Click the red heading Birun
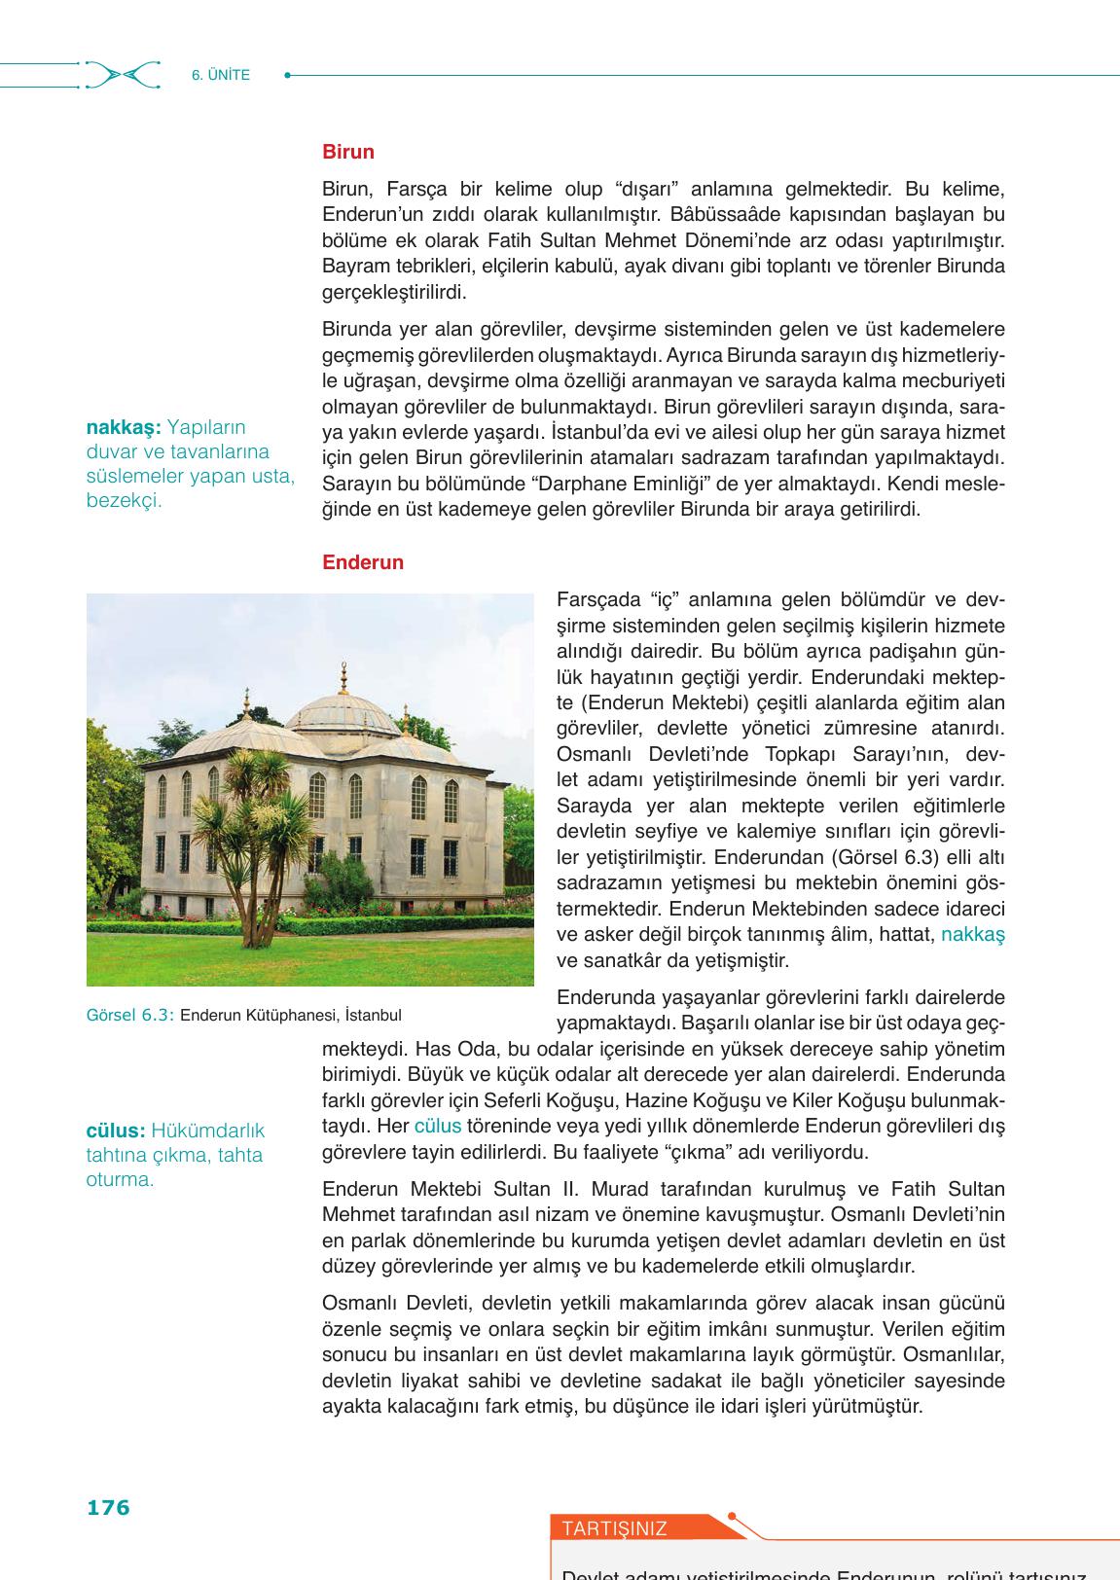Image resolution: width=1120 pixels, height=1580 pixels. pos(347,153)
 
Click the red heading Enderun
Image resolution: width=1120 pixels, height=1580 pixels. pos(362,563)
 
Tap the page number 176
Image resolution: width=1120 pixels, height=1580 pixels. pos(108,1507)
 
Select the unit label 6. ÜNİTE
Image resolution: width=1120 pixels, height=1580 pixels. pos(221,75)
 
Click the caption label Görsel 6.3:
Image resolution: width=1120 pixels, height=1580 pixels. pos(130,1015)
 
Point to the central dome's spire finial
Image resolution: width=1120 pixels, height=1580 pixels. pos(343,672)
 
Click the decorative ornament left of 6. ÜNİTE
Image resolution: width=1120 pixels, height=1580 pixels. pos(122,75)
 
